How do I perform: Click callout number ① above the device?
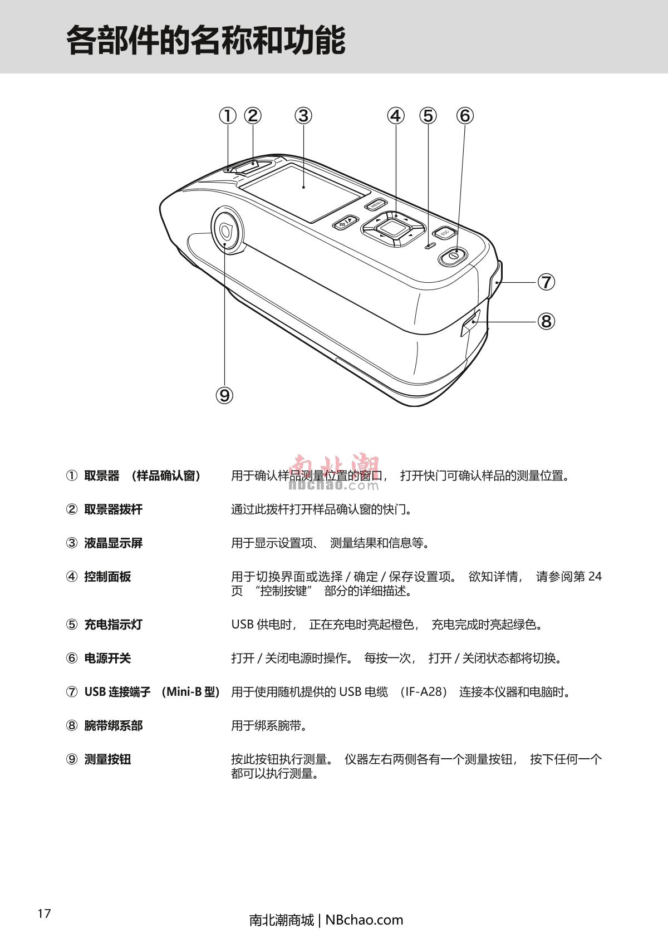click(x=228, y=116)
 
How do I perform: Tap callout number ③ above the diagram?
click(x=303, y=116)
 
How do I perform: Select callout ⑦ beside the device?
click(x=546, y=282)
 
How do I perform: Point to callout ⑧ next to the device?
click(x=546, y=322)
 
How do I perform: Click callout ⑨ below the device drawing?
click(x=224, y=395)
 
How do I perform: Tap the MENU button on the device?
click(x=375, y=204)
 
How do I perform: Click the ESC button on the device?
click(x=444, y=233)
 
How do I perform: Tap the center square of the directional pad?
click(x=392, y=229)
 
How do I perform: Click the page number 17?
click(x=44, y=913)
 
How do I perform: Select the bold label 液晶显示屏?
click(x=113, y=543)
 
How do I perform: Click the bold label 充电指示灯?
click(x=113, y=625)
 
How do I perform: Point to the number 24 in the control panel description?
click(x=595, y=576)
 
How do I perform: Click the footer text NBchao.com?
click(x=364, y=920)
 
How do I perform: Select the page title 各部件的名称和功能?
click(x=206, y=41)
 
